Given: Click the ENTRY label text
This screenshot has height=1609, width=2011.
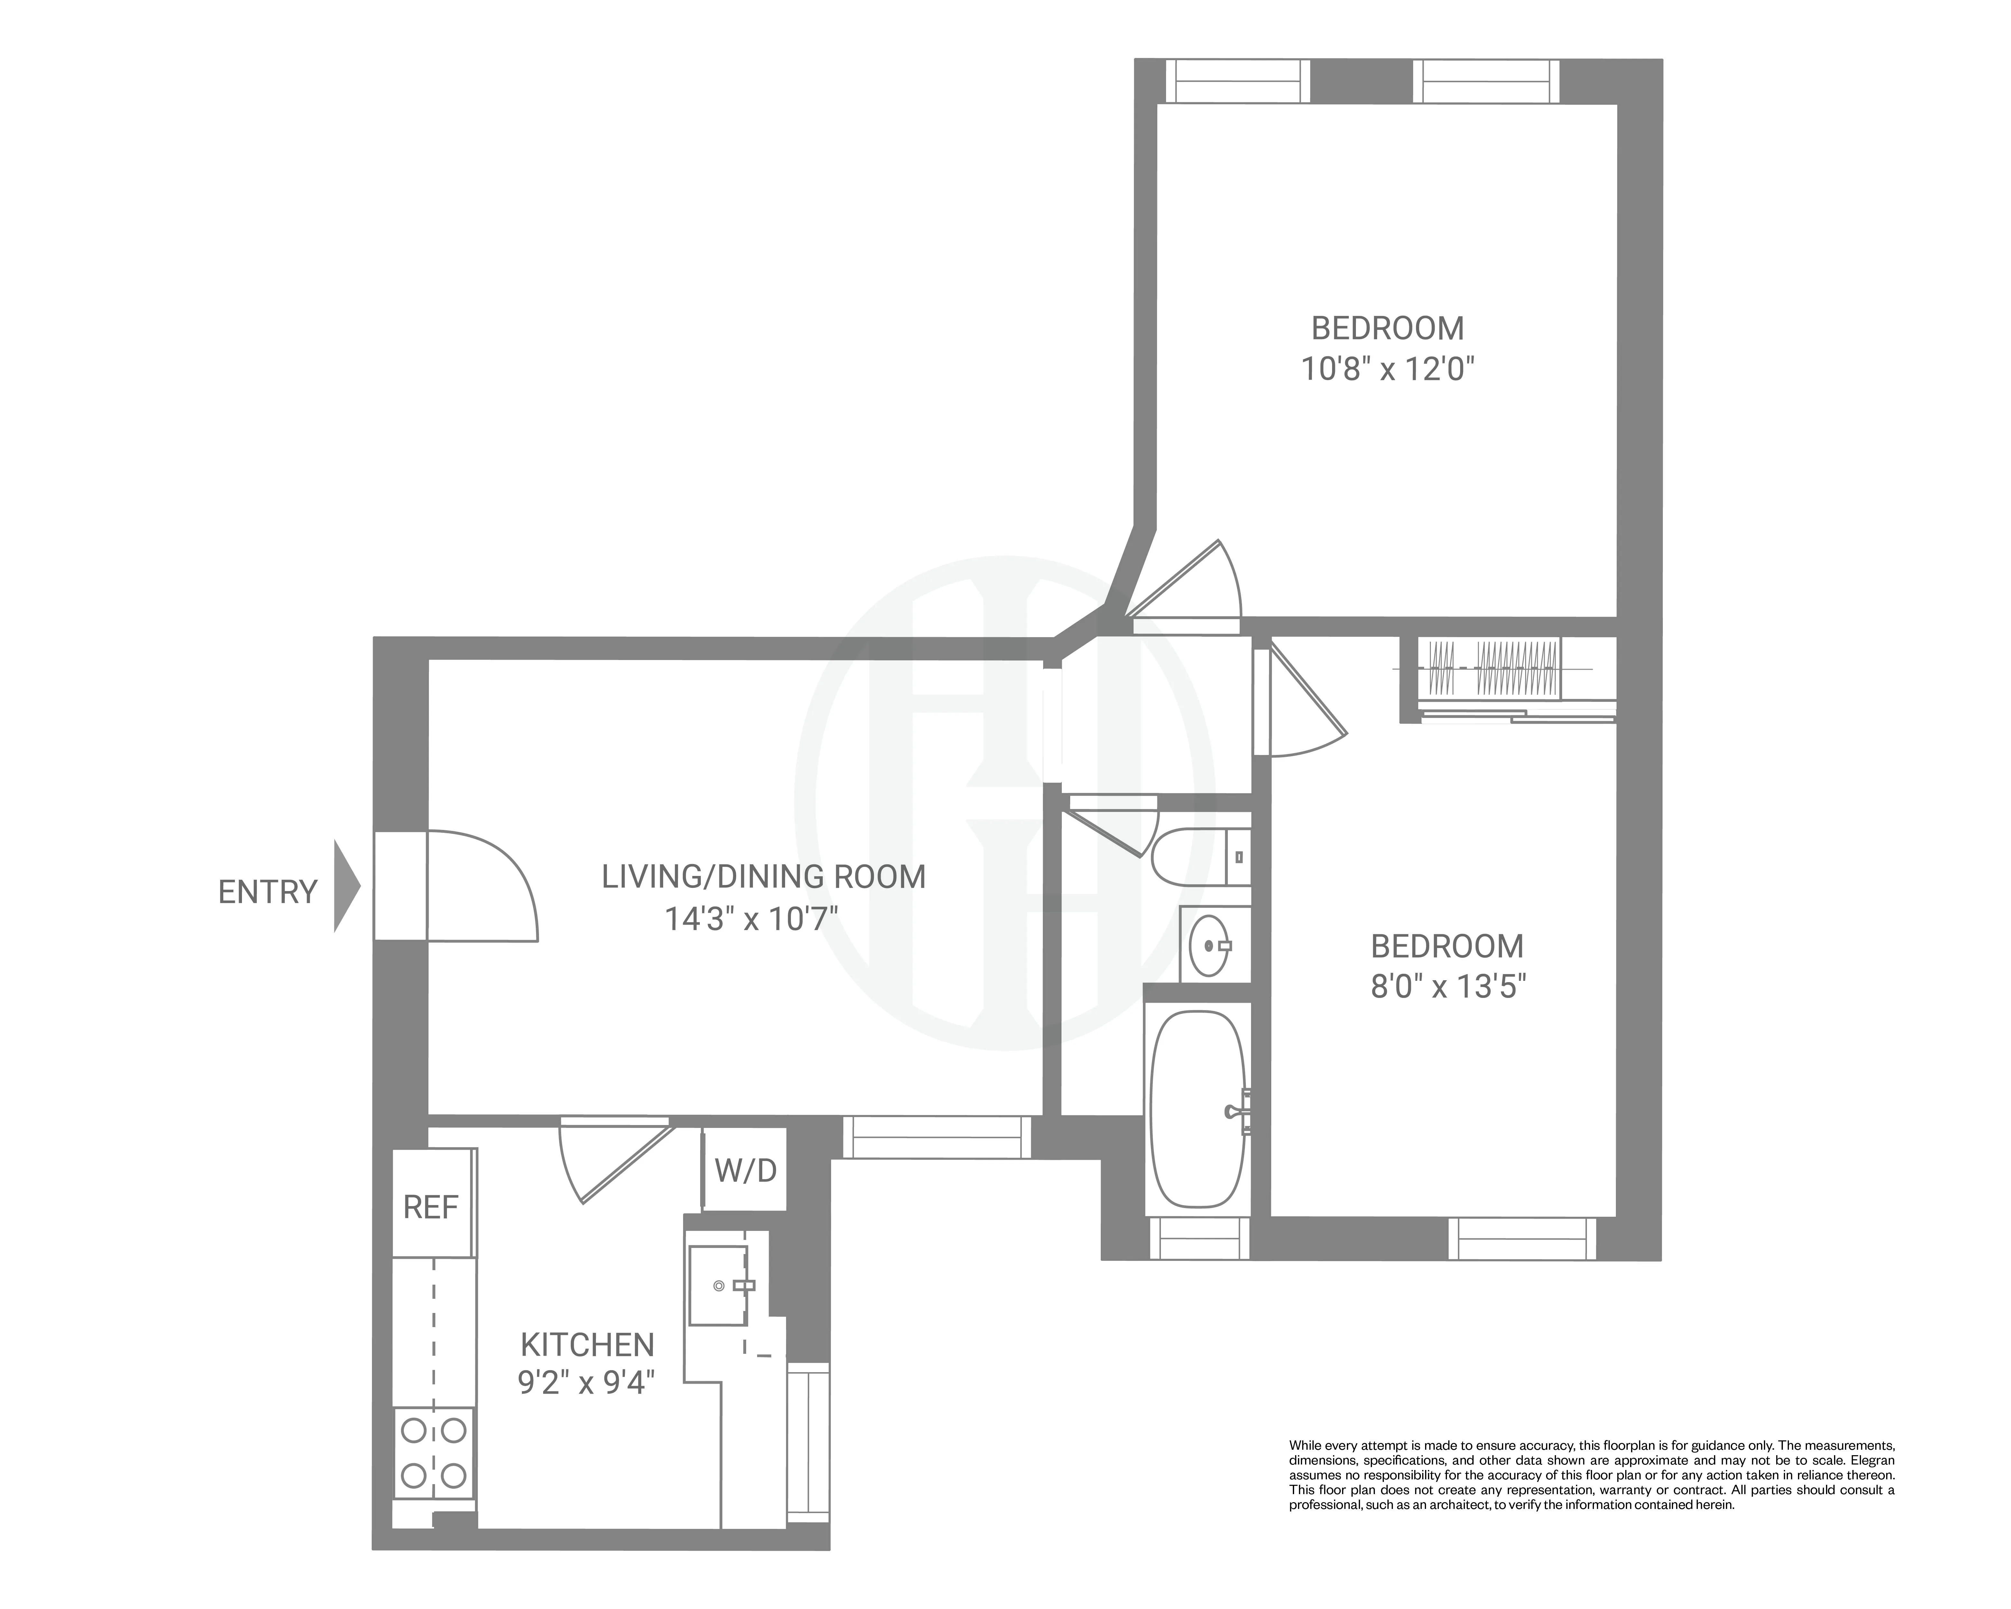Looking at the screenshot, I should pyautogui.click(x=268, y=893).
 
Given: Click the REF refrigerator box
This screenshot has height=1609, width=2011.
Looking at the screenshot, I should pyautogui.click(x=431, y=1207).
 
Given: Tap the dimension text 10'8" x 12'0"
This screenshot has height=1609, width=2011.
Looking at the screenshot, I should pyautogui.click(x=1387, y=370).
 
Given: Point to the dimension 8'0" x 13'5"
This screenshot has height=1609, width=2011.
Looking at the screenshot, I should pyautogui.click(x=1448, y=987).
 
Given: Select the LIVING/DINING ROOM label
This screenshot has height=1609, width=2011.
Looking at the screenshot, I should pyautogui.click(x=763, y=877).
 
